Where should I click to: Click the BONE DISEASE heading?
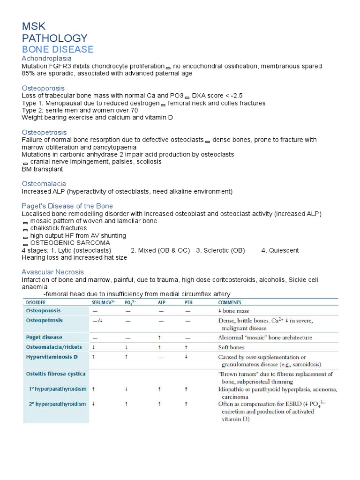coord(58,49)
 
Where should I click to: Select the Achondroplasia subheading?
coord(47,59)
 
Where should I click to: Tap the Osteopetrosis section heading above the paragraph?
coord(44,132)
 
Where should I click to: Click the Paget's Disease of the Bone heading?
coord(67,206)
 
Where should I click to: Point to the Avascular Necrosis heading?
coord(53,272)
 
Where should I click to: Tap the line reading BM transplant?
coord(42,169)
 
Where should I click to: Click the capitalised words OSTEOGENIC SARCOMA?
coord(70,243)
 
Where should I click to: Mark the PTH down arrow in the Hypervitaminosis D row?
coord(187,357)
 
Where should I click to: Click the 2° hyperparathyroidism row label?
coord(57,404)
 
